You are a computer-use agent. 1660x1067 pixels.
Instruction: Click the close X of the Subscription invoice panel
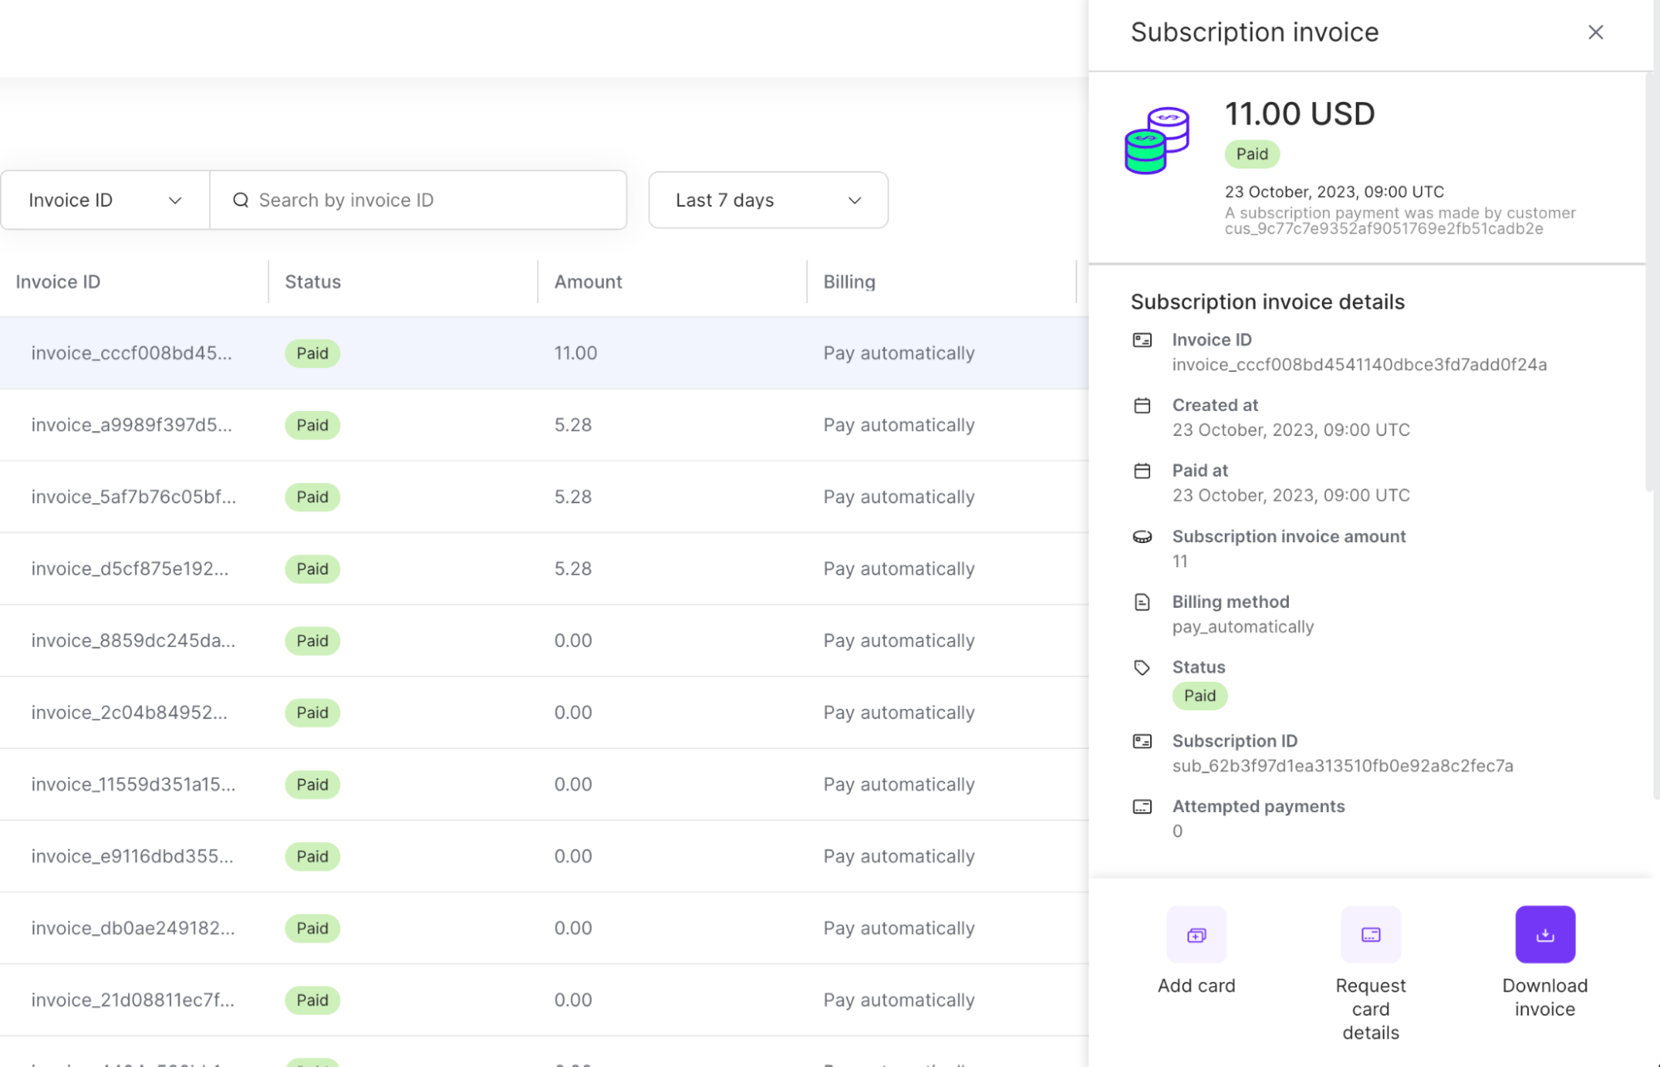click(1595, 32)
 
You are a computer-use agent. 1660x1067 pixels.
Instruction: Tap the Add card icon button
click(1196, 935)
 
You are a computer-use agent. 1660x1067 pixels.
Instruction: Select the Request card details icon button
click(1370, 935)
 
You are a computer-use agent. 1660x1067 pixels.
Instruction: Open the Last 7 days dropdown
click(768, 200)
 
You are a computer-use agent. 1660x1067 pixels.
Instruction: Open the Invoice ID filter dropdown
click(105, 200)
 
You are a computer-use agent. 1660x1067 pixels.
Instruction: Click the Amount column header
click(588, 281)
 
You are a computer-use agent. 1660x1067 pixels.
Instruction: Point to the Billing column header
click(849, 281)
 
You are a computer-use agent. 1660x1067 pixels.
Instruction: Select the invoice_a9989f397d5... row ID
click(131, 425)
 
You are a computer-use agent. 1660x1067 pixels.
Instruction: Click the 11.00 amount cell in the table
click(575, 353)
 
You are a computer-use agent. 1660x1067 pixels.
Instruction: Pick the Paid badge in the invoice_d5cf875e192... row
click(312, 569)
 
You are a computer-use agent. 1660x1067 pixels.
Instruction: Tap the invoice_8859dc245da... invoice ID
click(133, 641)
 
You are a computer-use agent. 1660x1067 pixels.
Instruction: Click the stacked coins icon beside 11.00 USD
click(1157, 140)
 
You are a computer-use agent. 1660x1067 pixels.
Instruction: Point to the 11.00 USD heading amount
click(1300, 114)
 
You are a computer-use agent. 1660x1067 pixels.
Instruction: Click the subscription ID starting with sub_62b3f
click(1342, 766)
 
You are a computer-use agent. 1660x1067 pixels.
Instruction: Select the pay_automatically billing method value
click(1242, 627)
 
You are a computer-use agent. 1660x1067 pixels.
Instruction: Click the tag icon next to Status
click(1142, 668)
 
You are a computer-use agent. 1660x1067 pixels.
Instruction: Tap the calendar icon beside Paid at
click(1142, 471)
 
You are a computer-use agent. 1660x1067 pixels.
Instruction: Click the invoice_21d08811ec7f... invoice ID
click(133, 1000)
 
